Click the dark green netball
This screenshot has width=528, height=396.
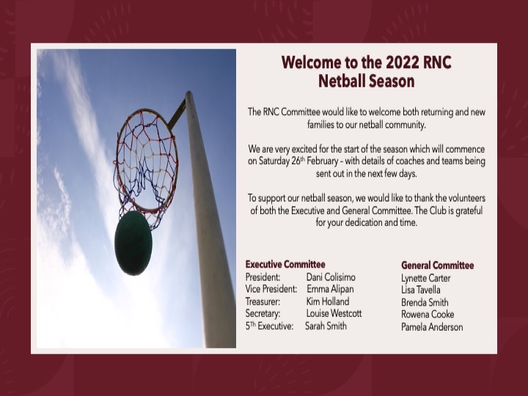coord(133,243)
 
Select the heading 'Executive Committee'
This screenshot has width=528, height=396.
coord(285,264)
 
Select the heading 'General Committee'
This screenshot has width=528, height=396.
coord(437,265)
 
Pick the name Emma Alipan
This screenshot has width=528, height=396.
coord(330,289)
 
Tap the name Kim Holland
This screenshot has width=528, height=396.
coord(328,301)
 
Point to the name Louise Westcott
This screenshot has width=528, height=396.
coord(334,313)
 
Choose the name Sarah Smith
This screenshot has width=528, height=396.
coord(326,326)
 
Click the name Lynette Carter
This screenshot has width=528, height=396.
coord(426,278)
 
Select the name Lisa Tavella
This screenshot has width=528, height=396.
coord(421,290)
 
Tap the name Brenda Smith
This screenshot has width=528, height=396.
coord(425,302)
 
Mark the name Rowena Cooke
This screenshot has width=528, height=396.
coord(428,315)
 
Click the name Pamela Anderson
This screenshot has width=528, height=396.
coord(432,327)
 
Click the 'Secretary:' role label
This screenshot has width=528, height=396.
coord(263,313)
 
